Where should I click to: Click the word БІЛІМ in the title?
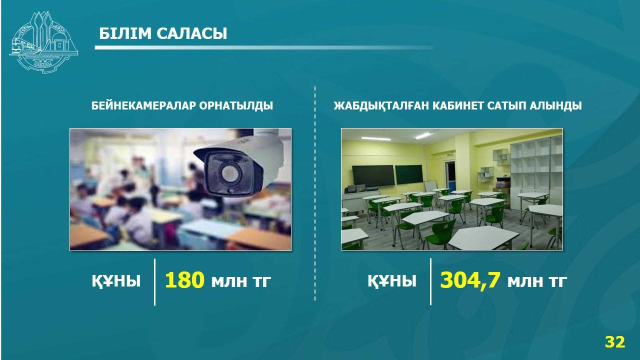pos(125,33)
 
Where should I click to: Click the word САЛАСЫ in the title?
pos(191,33)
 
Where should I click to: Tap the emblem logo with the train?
pos(43,42)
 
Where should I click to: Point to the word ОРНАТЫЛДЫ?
pos(236,105)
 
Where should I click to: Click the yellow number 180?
pos(184,279)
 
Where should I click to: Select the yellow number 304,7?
pos(470,280)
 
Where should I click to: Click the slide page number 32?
pos(615,341)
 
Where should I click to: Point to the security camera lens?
pos(229,172)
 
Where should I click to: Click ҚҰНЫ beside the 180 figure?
pos(116,281)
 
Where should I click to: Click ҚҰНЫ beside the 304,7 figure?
pos(391,281)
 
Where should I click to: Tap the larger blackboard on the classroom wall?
pos(373,176)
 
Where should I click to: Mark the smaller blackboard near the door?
pos(409,174)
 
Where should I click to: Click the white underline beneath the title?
pos(263,47)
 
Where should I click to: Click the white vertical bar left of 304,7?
pos(431,281)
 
